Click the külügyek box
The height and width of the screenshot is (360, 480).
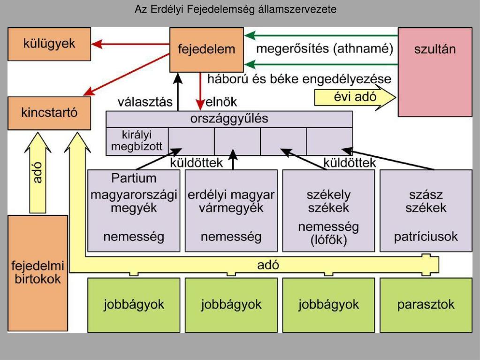(49, 44)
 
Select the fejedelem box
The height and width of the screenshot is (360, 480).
(206, 50)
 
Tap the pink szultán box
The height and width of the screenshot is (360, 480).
(435, 72)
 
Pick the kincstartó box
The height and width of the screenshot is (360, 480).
(49, 113)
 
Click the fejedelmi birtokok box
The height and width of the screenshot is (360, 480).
(38, 273)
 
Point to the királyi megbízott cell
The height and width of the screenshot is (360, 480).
(137, 141)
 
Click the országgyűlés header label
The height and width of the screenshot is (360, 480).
(229, 119)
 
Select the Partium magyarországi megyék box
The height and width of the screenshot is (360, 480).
(134, 211)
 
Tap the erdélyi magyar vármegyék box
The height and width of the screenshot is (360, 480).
(231, 211)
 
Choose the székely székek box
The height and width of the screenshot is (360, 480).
(328, 211)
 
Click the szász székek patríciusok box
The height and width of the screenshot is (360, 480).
(426, 211)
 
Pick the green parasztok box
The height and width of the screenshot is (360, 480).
(426, 305)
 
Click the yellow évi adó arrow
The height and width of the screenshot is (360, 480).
(355, 97)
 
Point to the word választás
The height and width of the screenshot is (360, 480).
(145, 102)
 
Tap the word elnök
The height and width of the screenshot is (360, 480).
(221, 102)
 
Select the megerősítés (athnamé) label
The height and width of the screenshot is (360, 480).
(325, 49)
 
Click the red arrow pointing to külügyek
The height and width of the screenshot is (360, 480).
(130, 44)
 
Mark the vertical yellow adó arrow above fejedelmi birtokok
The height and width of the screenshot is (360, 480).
(38, 173)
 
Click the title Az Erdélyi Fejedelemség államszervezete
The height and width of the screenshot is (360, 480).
(236, 9)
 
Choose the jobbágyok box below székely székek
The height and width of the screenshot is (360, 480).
(328, 305)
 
